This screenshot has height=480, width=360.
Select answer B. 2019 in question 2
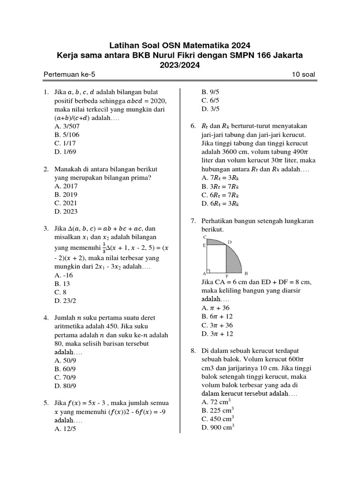coord(66,195)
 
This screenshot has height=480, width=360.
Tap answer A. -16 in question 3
coord(64,275)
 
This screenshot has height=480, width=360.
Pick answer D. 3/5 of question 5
coord(210,109)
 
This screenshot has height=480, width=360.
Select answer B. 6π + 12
coord(217,316)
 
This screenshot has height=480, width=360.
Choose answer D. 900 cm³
coord(218,427)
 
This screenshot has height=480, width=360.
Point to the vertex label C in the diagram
coord(205,237)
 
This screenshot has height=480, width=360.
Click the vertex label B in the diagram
coord(246,273)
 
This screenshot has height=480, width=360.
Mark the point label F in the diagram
coord(227,277)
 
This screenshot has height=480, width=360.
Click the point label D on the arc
coord(229,242)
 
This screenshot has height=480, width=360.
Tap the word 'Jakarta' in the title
coord(285,55)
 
